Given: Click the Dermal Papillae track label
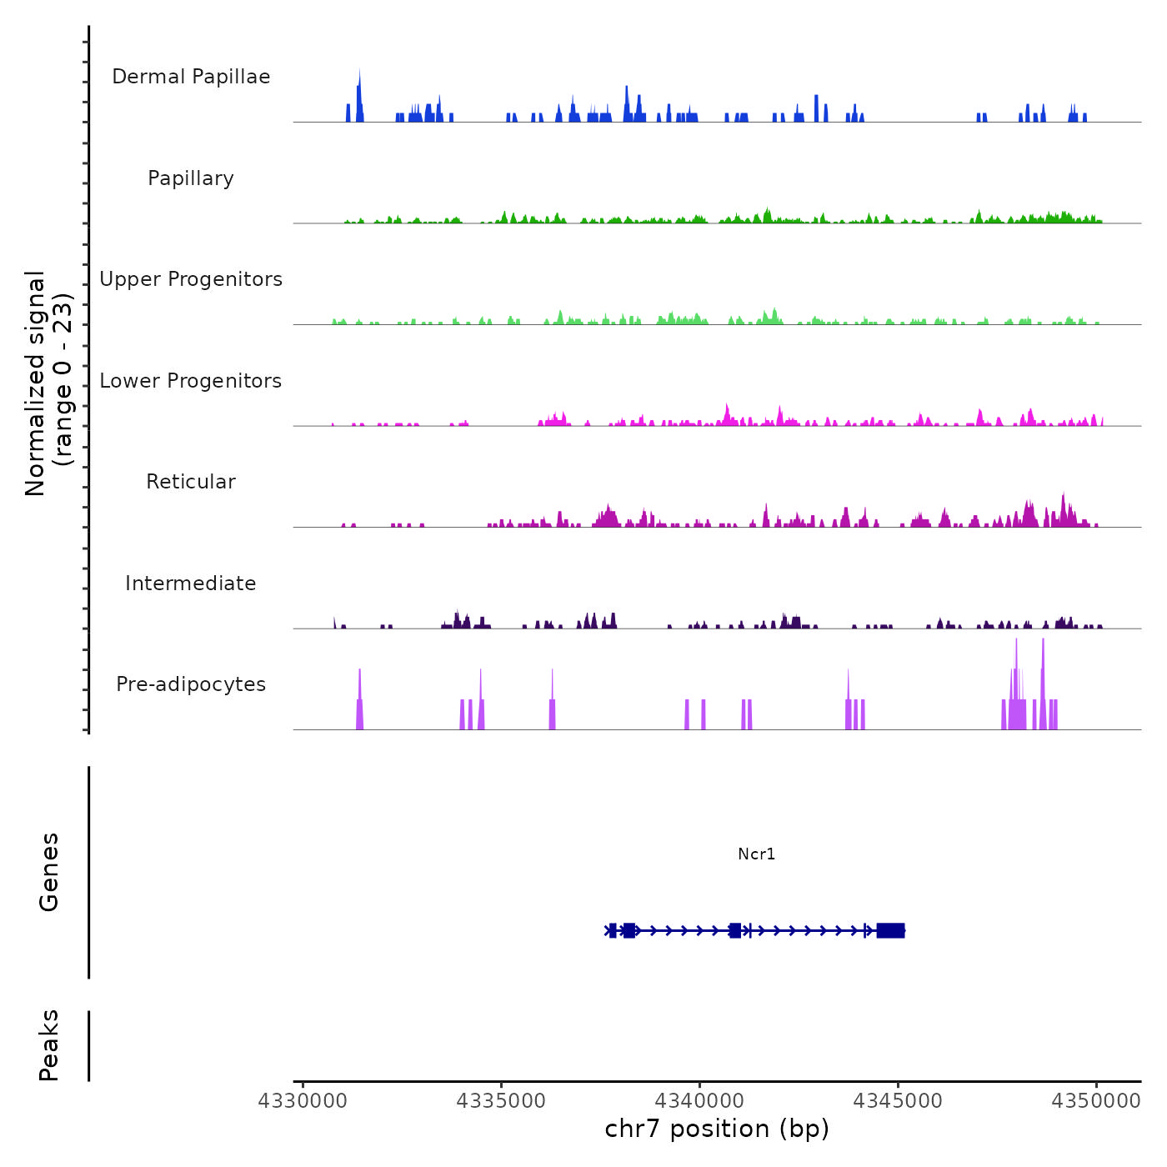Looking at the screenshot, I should pyautogui.click(x=191, y=77).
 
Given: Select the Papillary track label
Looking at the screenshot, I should pyautogui.click(x=191, y=178).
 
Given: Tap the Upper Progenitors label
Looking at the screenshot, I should pyautogui.click(x=191, y=279).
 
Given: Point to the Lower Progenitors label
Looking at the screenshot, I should pyautogui.click(x=191, y=381).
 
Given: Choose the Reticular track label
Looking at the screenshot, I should pyautogui.click(x=191, y=482).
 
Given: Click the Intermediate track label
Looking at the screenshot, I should pyautogui.click(x=191, y=583).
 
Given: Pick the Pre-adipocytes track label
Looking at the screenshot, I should pyautogui.click(x=191, y=684).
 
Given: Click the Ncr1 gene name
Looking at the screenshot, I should pyautogui.click(x=757, y=854).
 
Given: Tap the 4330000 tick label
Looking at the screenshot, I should pyautogui.click(x=303, y=1101).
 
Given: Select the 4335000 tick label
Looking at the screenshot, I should pyautogui.click(x=501, y=1101).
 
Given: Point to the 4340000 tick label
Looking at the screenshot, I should pyautogui.click(x=699, y=1101).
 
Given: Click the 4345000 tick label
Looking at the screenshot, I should pyautogui.click(x=898, y=1101).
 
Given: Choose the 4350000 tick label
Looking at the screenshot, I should pyautogui.click(x=1096, y=1101).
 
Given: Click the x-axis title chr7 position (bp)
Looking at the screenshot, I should pyautogui.click(x=717, y=1129).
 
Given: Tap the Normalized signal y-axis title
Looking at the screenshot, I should pyautogui.click(x=48, y=383).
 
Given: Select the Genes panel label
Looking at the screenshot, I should pyautogui.click(x=49, y=872).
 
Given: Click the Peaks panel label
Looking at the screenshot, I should pyautogui.click(x=49, y=1045).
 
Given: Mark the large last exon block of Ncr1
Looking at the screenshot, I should pyautogui.click(x=890, y=930).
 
